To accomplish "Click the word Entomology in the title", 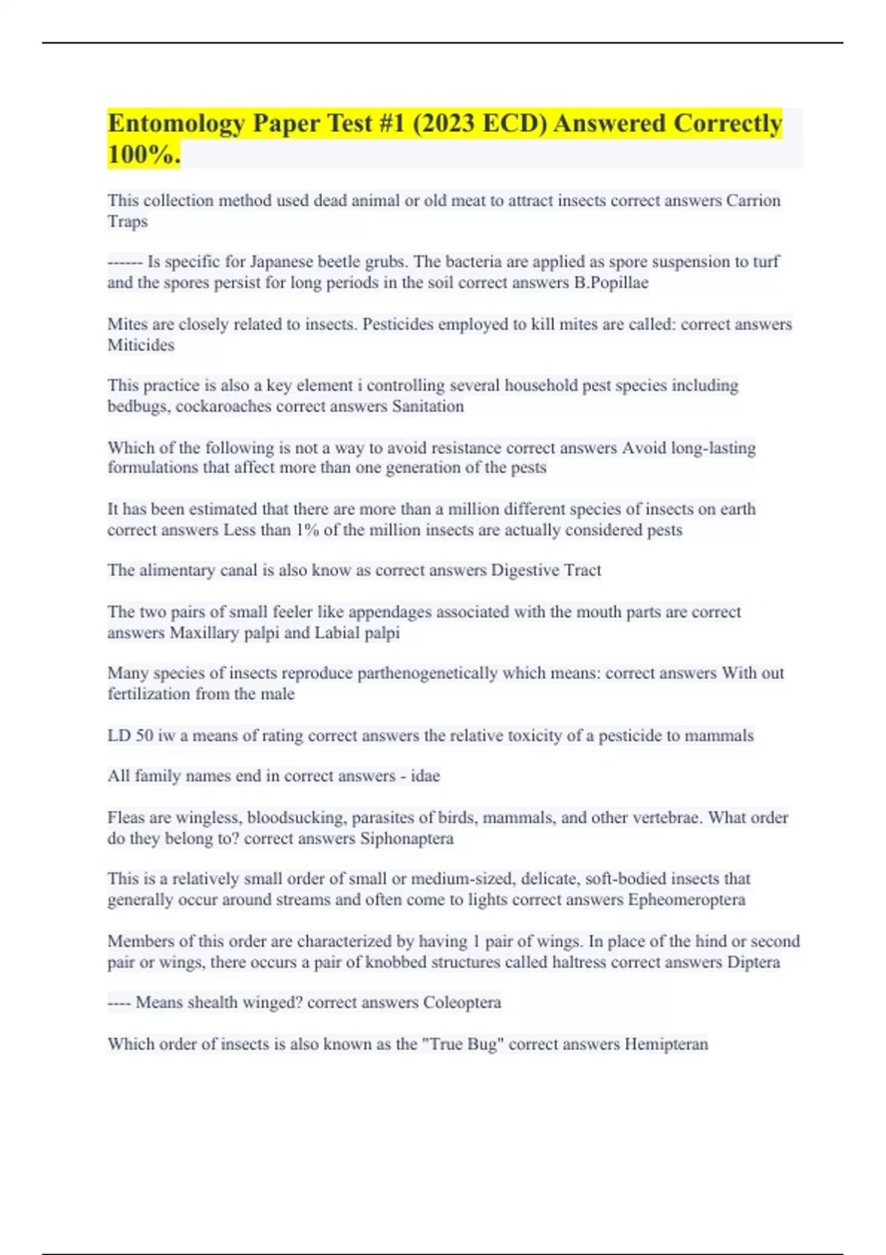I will (x=176, y=124).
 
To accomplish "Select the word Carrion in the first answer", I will (x=753, y=201).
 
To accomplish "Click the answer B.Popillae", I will (x=611, y=283).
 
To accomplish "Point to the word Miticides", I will (x=141, y=345).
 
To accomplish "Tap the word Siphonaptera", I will (x=407, y=839).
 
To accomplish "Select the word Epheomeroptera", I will (x=687, y=900).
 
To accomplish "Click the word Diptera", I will (x=753, y=962).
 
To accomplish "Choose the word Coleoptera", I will (x=462, y=1003).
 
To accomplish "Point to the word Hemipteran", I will (x=666, y=1044).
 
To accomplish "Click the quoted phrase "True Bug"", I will (x=461, y=1044).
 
